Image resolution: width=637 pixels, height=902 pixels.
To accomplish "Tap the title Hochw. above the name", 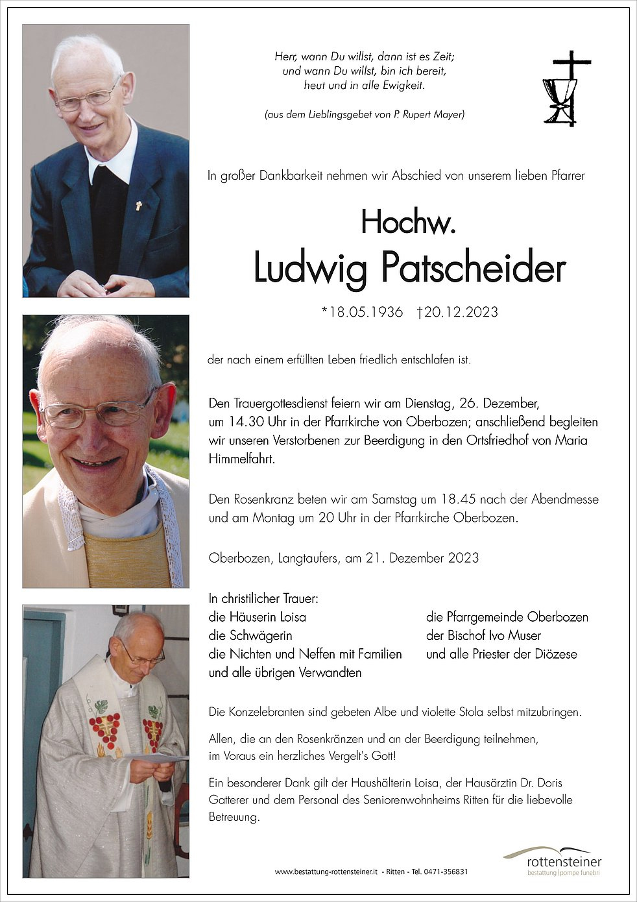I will click(x=409, y=223).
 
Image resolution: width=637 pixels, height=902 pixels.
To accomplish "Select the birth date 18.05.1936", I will click(x=367, y=312).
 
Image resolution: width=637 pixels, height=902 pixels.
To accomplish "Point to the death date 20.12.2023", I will click(x=461, y=312).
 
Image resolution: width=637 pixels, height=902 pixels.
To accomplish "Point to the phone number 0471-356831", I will click(x=446, y=872).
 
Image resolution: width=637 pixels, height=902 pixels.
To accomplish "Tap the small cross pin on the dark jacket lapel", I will click(x=138, y=206).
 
